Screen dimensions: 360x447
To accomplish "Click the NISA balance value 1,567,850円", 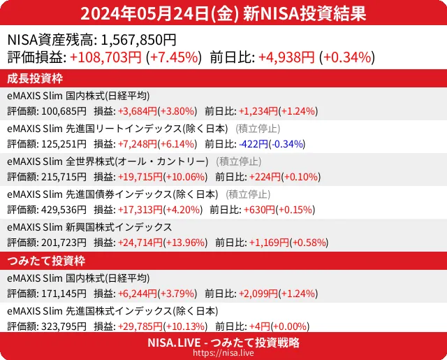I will (x=139, y=41).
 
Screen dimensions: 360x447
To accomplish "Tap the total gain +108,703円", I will (x=105, y=58).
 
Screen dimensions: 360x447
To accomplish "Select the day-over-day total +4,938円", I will (x=287, y=58).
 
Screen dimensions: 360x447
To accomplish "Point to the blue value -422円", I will (x=253, y=144).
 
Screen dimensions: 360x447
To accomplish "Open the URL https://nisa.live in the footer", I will (x=223, y=354).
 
